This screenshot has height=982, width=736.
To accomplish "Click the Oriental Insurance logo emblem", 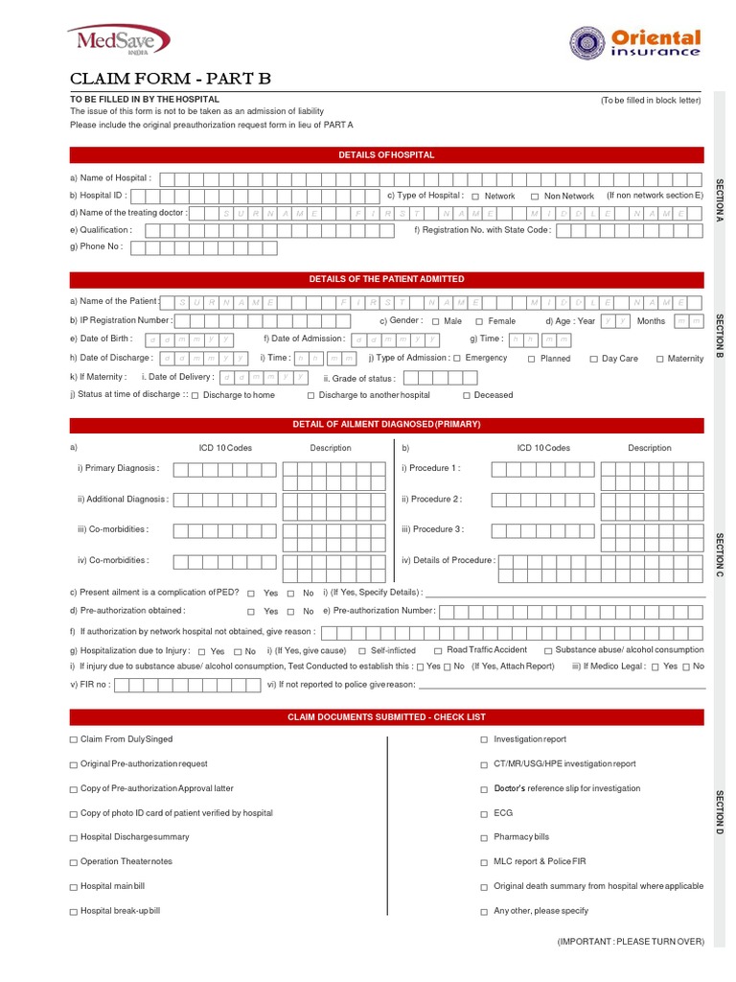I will coord(586,42).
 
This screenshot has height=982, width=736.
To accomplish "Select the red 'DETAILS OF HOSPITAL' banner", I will coord(386,154).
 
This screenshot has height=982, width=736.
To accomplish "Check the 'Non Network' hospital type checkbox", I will coord(535,197).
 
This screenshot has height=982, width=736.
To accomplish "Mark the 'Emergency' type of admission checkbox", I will coord(457,359).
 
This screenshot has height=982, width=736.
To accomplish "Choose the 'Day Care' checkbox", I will coord(593,359).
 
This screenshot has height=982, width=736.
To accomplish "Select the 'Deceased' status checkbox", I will coord(467,395).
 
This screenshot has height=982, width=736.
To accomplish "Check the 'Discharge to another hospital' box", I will coord(310,395).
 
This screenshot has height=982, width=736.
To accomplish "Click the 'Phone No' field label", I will coord(96,247).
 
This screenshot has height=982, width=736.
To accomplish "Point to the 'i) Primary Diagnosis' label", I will coord(119,468).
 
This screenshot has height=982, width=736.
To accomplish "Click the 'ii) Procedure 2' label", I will coord(432,500).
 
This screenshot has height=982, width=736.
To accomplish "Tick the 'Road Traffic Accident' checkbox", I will coord(438,650).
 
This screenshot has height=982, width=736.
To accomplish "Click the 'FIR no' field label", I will coord(91,685).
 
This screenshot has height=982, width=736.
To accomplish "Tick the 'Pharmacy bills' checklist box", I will coord(484,837).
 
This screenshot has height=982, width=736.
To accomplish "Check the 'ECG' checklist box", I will coord(484,812).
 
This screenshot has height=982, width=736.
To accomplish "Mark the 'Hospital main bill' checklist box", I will coord(73,886).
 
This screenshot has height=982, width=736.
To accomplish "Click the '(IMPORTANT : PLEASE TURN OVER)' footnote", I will coord(631,942).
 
